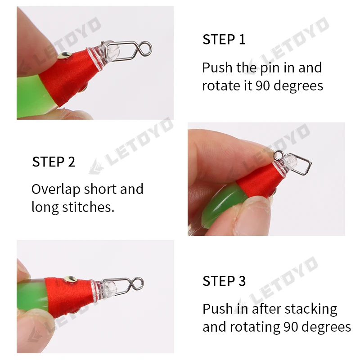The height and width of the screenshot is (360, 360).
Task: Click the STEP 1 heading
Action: tap(224, 39)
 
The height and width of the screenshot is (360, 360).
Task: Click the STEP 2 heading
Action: tap(54, 162)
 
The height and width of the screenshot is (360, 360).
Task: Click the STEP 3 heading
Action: tap(224, 281)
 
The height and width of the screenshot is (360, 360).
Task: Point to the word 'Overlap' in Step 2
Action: tap(56, 189)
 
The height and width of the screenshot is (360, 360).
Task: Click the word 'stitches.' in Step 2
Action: tap(88, 207)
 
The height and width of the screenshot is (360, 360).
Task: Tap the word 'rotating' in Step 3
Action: tap(255, 327)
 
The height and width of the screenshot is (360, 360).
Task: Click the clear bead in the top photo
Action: tap(113, 53)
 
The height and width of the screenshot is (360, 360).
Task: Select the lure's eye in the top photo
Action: tap(64, 55)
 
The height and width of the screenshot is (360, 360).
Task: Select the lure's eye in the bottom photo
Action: tap(70, 279)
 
